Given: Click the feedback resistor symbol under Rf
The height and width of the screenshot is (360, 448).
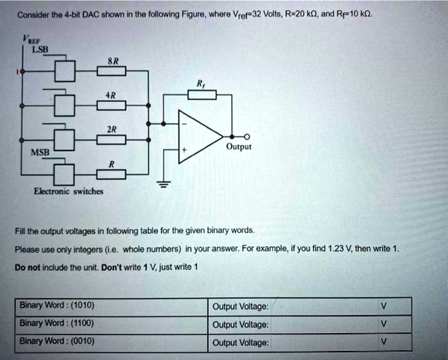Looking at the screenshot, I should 202,95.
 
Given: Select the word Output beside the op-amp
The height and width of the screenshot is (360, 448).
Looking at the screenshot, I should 239,147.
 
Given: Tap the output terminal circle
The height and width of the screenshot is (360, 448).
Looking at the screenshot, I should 247,136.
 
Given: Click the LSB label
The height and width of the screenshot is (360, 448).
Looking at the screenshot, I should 33,49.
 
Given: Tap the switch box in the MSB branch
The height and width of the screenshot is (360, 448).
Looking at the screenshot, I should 65,174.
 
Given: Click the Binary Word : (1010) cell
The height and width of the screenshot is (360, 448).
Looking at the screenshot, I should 58,305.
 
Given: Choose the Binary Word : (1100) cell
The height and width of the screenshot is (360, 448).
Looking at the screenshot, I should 58,323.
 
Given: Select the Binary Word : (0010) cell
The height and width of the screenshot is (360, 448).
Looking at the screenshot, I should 58,341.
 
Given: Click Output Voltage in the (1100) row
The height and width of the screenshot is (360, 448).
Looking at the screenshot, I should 241,325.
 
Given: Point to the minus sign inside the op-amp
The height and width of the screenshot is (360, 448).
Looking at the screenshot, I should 185,122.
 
